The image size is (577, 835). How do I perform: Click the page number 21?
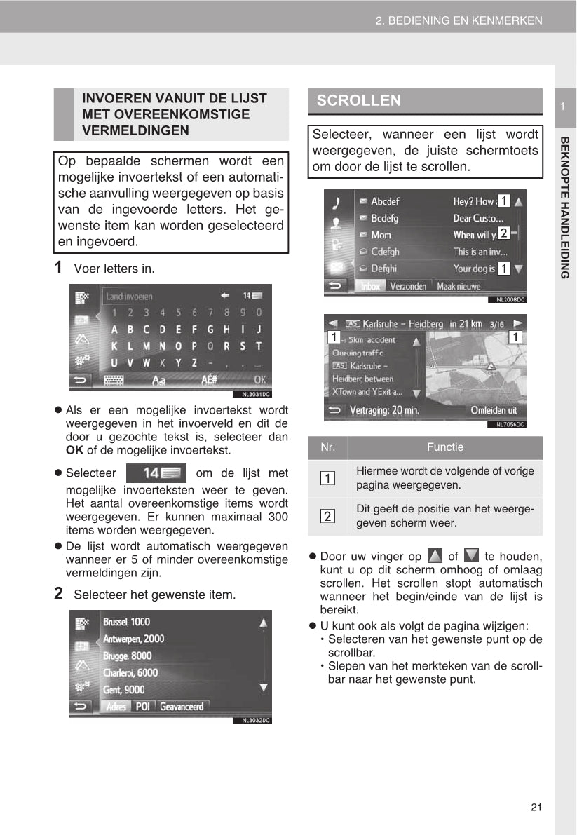click(x=536, y=807)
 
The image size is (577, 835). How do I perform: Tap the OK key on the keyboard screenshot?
click(x=260, y=380)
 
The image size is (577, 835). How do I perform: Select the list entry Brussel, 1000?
click(x=126, y=622)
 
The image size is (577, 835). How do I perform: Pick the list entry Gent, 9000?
click(x=124, y=690)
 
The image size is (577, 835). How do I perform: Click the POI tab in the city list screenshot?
click(x=143, y=707)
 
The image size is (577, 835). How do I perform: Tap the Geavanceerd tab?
click(x=182, y=707)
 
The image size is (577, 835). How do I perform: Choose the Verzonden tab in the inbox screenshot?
click(x=408, y=286)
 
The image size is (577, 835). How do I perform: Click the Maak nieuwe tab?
click(x=459, y=286)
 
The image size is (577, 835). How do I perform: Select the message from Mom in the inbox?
click(x=381, y=235)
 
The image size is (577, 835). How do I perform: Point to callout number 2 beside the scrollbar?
click(x=503, y=233)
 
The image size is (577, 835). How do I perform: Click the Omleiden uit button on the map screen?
click(x=494, y=410)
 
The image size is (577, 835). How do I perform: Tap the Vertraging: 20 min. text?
click(x=383, y=411)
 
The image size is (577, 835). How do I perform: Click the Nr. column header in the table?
click(x=327, y=447)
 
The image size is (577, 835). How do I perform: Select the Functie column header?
click(x=445, y=447)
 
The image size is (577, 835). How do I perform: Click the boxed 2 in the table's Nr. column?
click(x=327, y=517)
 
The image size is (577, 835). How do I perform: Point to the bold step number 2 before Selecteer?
click(x=60, y=594)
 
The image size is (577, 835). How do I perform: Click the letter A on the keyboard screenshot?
click(x=112, y=329)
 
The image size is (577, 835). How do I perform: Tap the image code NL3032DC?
click(x=256, y=720)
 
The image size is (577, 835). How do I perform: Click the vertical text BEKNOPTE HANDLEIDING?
click(x=565, y=207)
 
